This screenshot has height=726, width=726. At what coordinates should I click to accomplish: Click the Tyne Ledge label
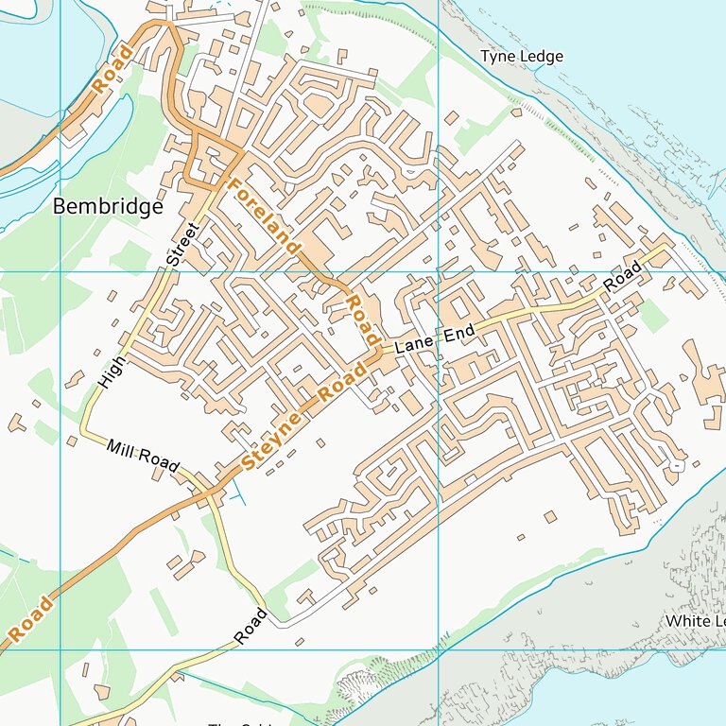click(x=521, y=57)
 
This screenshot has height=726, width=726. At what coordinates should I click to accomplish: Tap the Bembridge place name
click(x=108, y=207)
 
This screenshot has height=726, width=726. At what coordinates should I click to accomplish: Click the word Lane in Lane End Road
click(x=413, y=345)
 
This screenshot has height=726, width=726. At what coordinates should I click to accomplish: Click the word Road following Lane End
click(x=622, y=275)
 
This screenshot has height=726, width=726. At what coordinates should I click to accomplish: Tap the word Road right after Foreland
click(x=360, y=320)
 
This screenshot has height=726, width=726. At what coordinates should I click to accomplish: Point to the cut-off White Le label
click(x=695, y=621)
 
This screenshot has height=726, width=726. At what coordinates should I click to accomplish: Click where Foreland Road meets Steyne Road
click(x=380, y=352)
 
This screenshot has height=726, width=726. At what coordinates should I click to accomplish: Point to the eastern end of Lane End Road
click(x=669, y=245)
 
